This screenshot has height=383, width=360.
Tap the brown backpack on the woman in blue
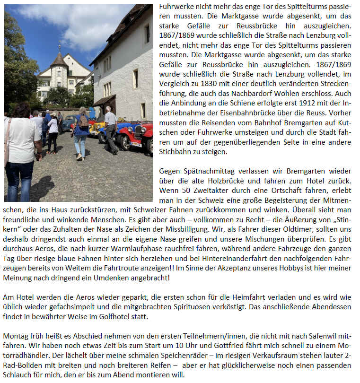[x=83, y=121]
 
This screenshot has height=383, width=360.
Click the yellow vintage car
[x=97, y=127]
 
